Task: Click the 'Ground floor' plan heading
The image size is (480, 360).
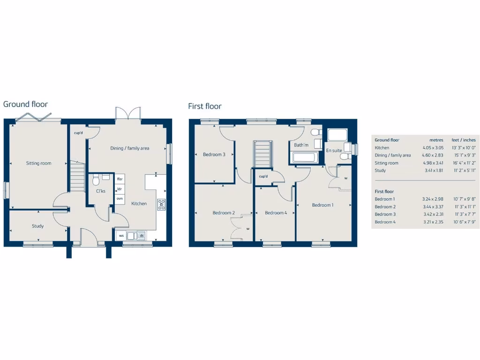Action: (25, 104)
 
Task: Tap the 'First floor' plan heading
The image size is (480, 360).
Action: (205, 106)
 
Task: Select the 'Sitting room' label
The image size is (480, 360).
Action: (38, 163)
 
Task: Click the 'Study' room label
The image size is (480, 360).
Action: (37, 226)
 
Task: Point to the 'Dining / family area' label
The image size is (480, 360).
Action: (130, 148)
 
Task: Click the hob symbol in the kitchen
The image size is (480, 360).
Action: (161, 204)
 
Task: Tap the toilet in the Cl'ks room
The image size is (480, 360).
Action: (96, 180)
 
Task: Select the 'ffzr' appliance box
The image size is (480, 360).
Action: (120, 179)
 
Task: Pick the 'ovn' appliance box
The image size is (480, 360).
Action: (120, 199)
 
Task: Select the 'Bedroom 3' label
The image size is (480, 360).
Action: (214, 154)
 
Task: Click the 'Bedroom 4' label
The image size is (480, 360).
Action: (276, 213)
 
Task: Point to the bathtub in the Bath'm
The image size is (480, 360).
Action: (305, 157)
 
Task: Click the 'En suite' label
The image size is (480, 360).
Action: (334, 150)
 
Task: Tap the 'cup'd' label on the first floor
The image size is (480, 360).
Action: (263, 176)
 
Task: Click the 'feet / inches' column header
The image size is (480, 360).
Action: (463, 140)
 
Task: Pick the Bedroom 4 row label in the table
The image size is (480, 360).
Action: (385, 222)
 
